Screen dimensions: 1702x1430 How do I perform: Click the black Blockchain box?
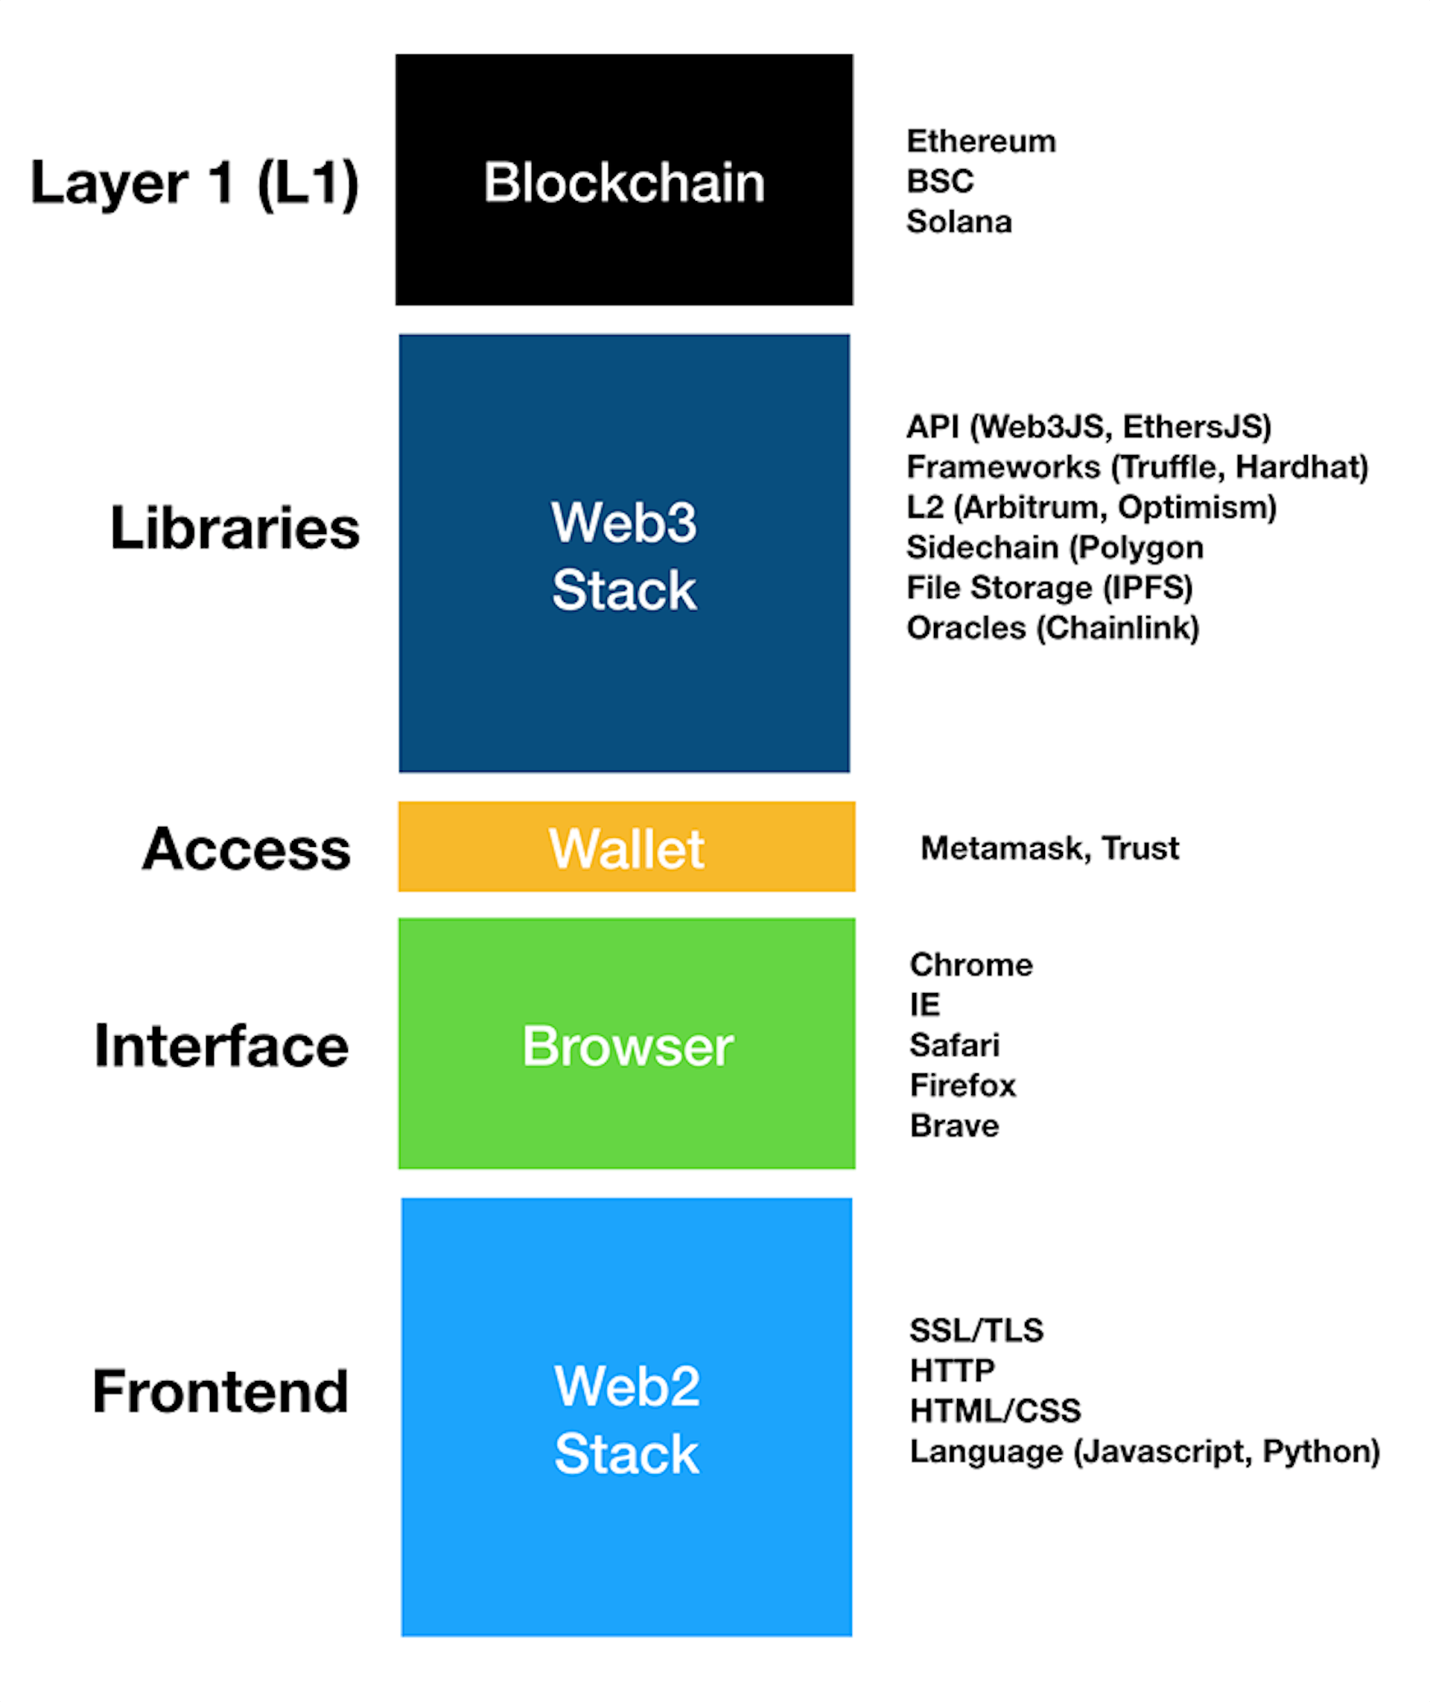pos(623,180)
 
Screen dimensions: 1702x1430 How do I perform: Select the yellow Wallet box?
pos(626,847)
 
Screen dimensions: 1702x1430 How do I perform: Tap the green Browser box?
pos(626,1044)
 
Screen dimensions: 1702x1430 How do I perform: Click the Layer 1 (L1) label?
pos(194,182)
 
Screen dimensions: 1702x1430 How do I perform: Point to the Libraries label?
pos(235,528)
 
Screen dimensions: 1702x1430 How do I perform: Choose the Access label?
pos(247,849)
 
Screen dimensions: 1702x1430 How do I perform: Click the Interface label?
pos(221,1045)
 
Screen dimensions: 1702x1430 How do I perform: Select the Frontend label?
pos(220,1391)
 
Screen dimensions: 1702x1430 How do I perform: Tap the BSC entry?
pos(939,181)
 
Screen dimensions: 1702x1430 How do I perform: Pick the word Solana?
pos(959,221)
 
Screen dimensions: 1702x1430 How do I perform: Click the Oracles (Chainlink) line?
pos(1052,628)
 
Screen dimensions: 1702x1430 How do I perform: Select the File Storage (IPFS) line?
pos(1049,587)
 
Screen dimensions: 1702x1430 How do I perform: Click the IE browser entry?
pos(924,1005)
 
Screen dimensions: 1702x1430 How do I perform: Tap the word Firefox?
pos(962,1085)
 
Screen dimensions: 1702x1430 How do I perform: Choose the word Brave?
pos(954,1125)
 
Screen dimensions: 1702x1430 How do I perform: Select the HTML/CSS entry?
pos(995,1411)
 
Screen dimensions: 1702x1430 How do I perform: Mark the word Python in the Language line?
pos(1321,1452)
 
